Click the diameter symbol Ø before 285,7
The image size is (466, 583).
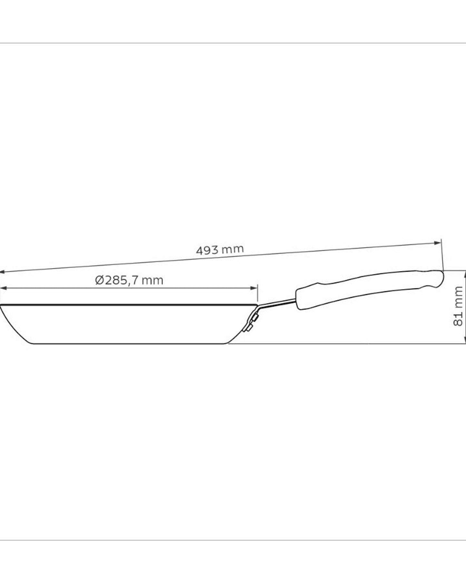point(99,280)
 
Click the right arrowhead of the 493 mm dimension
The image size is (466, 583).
point(438,243)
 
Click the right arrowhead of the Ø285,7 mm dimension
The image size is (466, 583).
point(255,288)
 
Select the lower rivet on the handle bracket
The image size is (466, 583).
point(250,329)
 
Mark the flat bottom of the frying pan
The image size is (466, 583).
point(129,344)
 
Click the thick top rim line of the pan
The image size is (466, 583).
point(129,304)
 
